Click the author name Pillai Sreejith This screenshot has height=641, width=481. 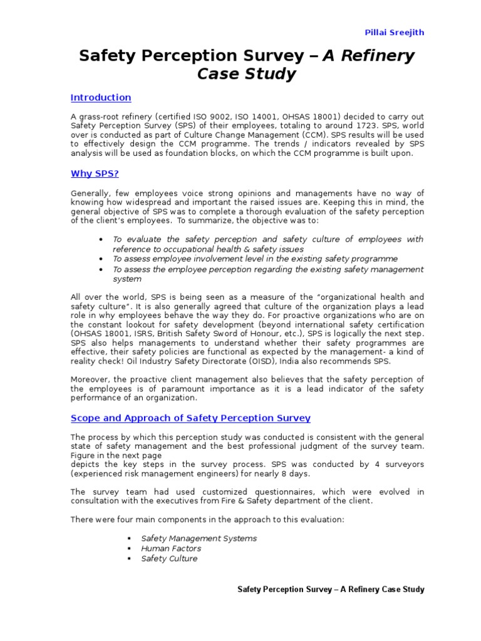pos(398,32)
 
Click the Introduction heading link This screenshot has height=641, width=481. pos(101,98)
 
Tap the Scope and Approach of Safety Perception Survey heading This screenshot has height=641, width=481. pos(190,418)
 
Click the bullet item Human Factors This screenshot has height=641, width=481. pos(171,548)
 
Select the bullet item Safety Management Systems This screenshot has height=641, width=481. pos(199,538)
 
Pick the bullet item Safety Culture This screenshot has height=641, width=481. pos(169,558)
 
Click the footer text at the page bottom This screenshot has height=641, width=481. pos(331,590)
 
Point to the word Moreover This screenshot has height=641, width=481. pos(91,379)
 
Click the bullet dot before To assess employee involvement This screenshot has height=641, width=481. pos(101,259)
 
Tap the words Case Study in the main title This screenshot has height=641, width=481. pos(246,74)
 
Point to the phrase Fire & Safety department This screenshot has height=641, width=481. pos(286,501)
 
